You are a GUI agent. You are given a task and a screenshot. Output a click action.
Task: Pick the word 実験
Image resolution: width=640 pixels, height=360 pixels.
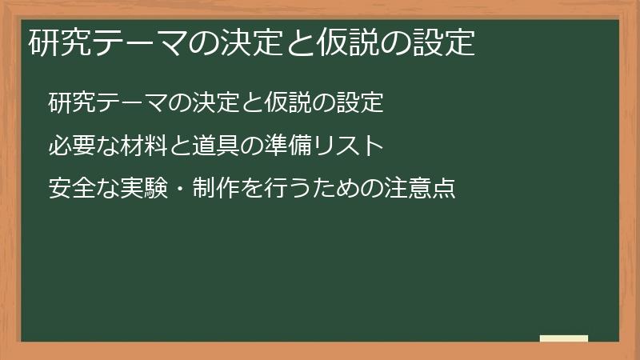[142, 190]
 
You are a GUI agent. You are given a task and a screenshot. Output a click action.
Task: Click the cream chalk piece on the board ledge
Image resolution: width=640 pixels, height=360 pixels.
[563, 338]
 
